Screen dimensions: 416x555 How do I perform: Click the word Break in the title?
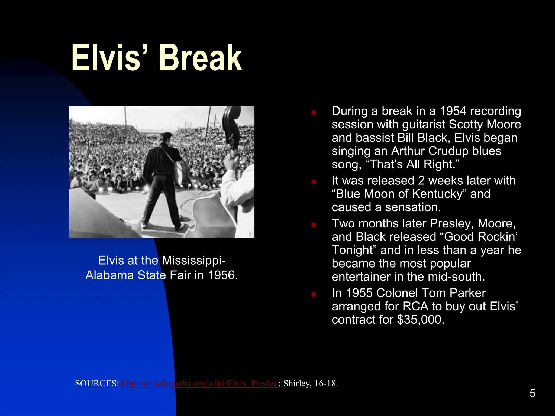[x=201, y=58]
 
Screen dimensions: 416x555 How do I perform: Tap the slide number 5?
[x=532, y=393]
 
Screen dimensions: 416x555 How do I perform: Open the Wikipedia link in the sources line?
[x=199, y=383]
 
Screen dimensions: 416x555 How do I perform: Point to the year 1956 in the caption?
[x=223, y=275]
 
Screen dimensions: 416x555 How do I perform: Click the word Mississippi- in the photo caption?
[x=193, y=260]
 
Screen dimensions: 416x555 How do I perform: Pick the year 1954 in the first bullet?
[x=453, y=111]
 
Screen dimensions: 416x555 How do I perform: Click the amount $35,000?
[x=421, y=320]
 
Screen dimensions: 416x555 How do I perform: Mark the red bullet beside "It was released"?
[x=314, y=182]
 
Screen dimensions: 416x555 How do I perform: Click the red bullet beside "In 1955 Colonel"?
[x=314, y=294]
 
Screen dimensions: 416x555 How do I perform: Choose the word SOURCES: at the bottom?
[x=97, y=383]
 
